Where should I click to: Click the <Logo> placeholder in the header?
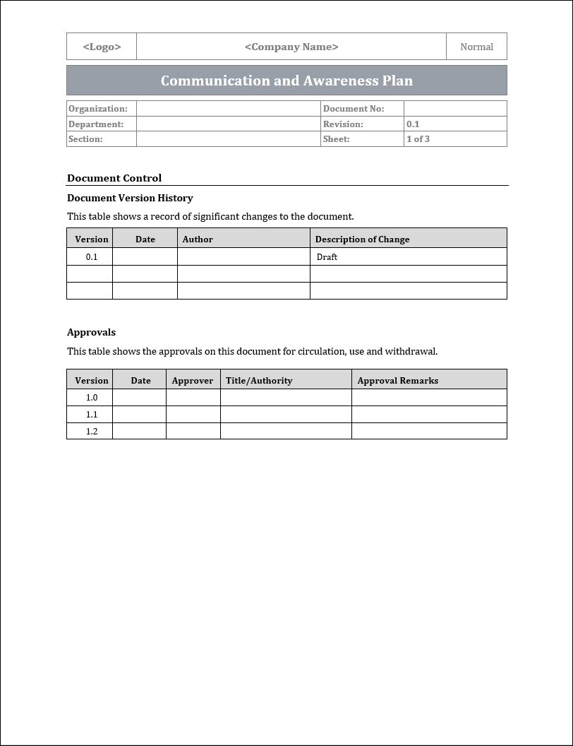point(102,47)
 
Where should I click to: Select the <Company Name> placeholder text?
point(291,47)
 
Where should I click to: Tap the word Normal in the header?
point(476,47)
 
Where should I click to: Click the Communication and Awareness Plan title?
point(286,81)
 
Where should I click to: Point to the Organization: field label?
point(98,109)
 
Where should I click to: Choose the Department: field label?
point(96,124)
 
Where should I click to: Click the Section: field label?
point(85,139)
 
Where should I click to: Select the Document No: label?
point(354,109)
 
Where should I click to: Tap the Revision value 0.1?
point(413,124)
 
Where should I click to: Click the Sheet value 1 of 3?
point(418,139)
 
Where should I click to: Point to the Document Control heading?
point(114,178)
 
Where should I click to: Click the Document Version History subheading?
point(130,198)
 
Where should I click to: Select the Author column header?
point(198,239)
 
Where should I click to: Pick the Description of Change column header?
point(362,239)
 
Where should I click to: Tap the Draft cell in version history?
point(327,257)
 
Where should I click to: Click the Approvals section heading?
point(91,332)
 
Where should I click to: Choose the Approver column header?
point(193,381)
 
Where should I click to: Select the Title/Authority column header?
point(259,381)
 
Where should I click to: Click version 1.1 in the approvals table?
point(92,415)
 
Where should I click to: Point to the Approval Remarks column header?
point(398,381)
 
